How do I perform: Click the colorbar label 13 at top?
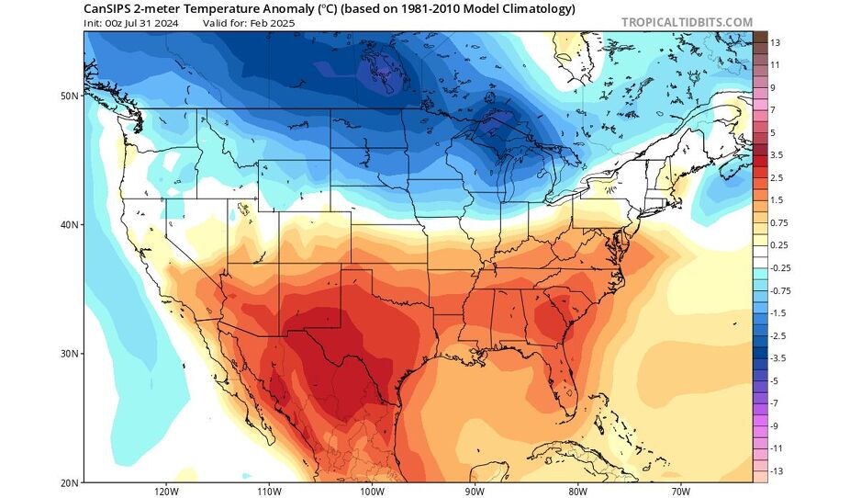pyautogui.click(x=775, y=43)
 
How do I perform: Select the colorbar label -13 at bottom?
pyautogui.click(x=776, y=471)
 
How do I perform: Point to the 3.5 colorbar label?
pyautogui.click(x=776, y=155)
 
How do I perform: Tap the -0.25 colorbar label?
pyautogui.click(x=779, y=267)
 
